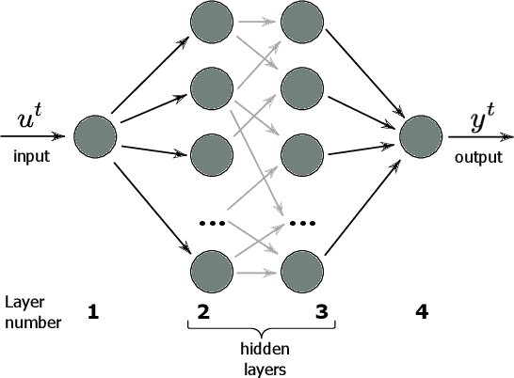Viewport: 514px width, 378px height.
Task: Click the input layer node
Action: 94,137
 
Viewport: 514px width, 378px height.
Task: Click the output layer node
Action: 421,137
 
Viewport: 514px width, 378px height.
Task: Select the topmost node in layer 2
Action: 210,24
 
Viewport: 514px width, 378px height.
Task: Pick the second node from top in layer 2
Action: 210,88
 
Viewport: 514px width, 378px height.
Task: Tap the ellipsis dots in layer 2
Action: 210,224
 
